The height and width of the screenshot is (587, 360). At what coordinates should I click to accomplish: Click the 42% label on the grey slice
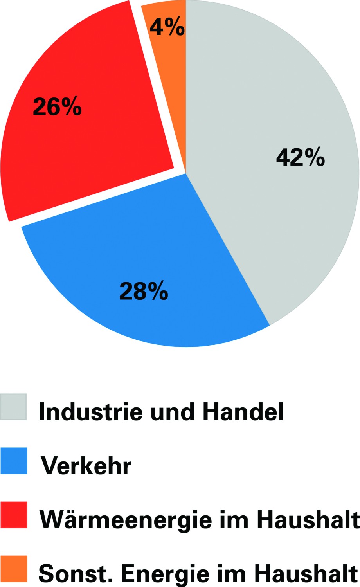[x=300, y=157]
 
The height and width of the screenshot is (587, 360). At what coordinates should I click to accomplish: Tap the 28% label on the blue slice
[x=144, y=291]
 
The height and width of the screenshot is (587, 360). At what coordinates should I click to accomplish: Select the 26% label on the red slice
[x=57, y=106]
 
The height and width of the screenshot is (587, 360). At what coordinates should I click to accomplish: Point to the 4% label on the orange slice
[x=167, y=27]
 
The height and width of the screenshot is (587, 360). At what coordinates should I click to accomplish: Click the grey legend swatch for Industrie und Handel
[x=14, y=407]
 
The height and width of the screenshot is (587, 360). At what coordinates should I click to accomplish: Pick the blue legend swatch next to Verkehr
[x=14, y=461]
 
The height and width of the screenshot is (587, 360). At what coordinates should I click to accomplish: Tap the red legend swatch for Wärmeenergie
[x=14, y=515]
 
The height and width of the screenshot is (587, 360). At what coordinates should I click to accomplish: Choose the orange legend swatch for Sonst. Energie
[x=14, y=569]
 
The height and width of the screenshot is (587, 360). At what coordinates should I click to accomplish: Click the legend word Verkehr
[x=86, y=466]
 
